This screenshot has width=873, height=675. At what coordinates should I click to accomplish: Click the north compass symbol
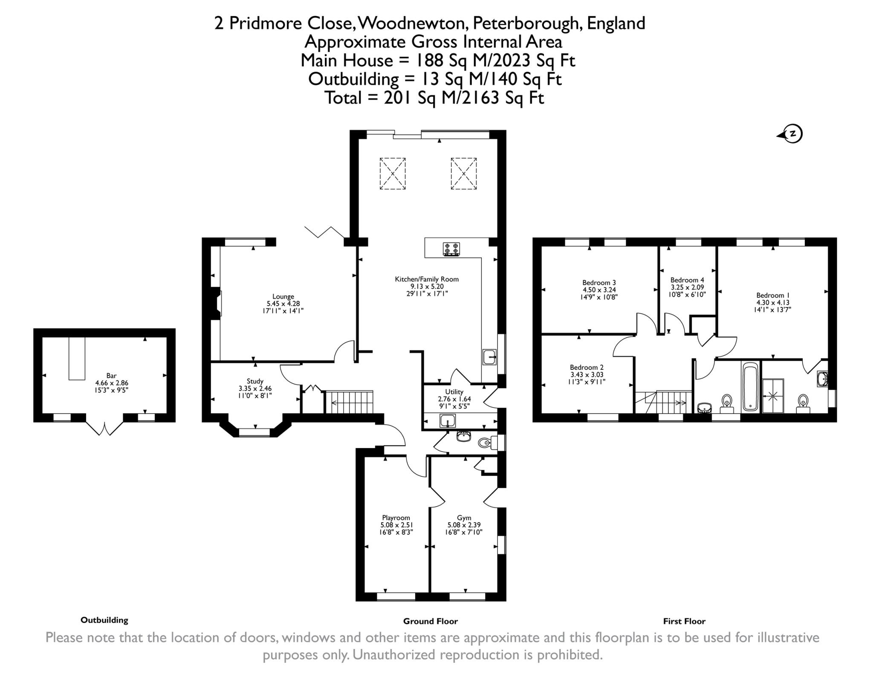click(x=792, y=134)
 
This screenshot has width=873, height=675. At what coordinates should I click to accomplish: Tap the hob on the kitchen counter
click(x=451, y=249)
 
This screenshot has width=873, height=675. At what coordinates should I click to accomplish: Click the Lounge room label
click(x=283, y=296)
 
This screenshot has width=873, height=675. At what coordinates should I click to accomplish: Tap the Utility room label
click(x=454, y=391)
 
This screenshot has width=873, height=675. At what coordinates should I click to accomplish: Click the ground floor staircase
click(x=349, y=402)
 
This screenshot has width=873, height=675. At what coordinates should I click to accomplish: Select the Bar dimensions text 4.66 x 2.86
click(x=111, y=383)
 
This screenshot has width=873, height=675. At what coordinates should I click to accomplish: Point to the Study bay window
click(x=254, y=432)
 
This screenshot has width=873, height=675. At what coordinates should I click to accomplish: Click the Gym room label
click(x=464, y=518)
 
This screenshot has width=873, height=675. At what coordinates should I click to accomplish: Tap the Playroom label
click(x=396, y=518)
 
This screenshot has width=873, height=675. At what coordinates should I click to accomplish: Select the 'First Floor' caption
click(x=684, y=621)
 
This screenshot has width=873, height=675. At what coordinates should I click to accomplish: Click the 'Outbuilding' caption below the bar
click(x=104, y=620)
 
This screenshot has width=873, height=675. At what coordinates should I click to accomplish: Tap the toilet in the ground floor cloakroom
click(x=486, y=443)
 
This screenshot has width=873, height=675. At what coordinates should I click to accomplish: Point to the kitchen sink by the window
click(x=489, y=357)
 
